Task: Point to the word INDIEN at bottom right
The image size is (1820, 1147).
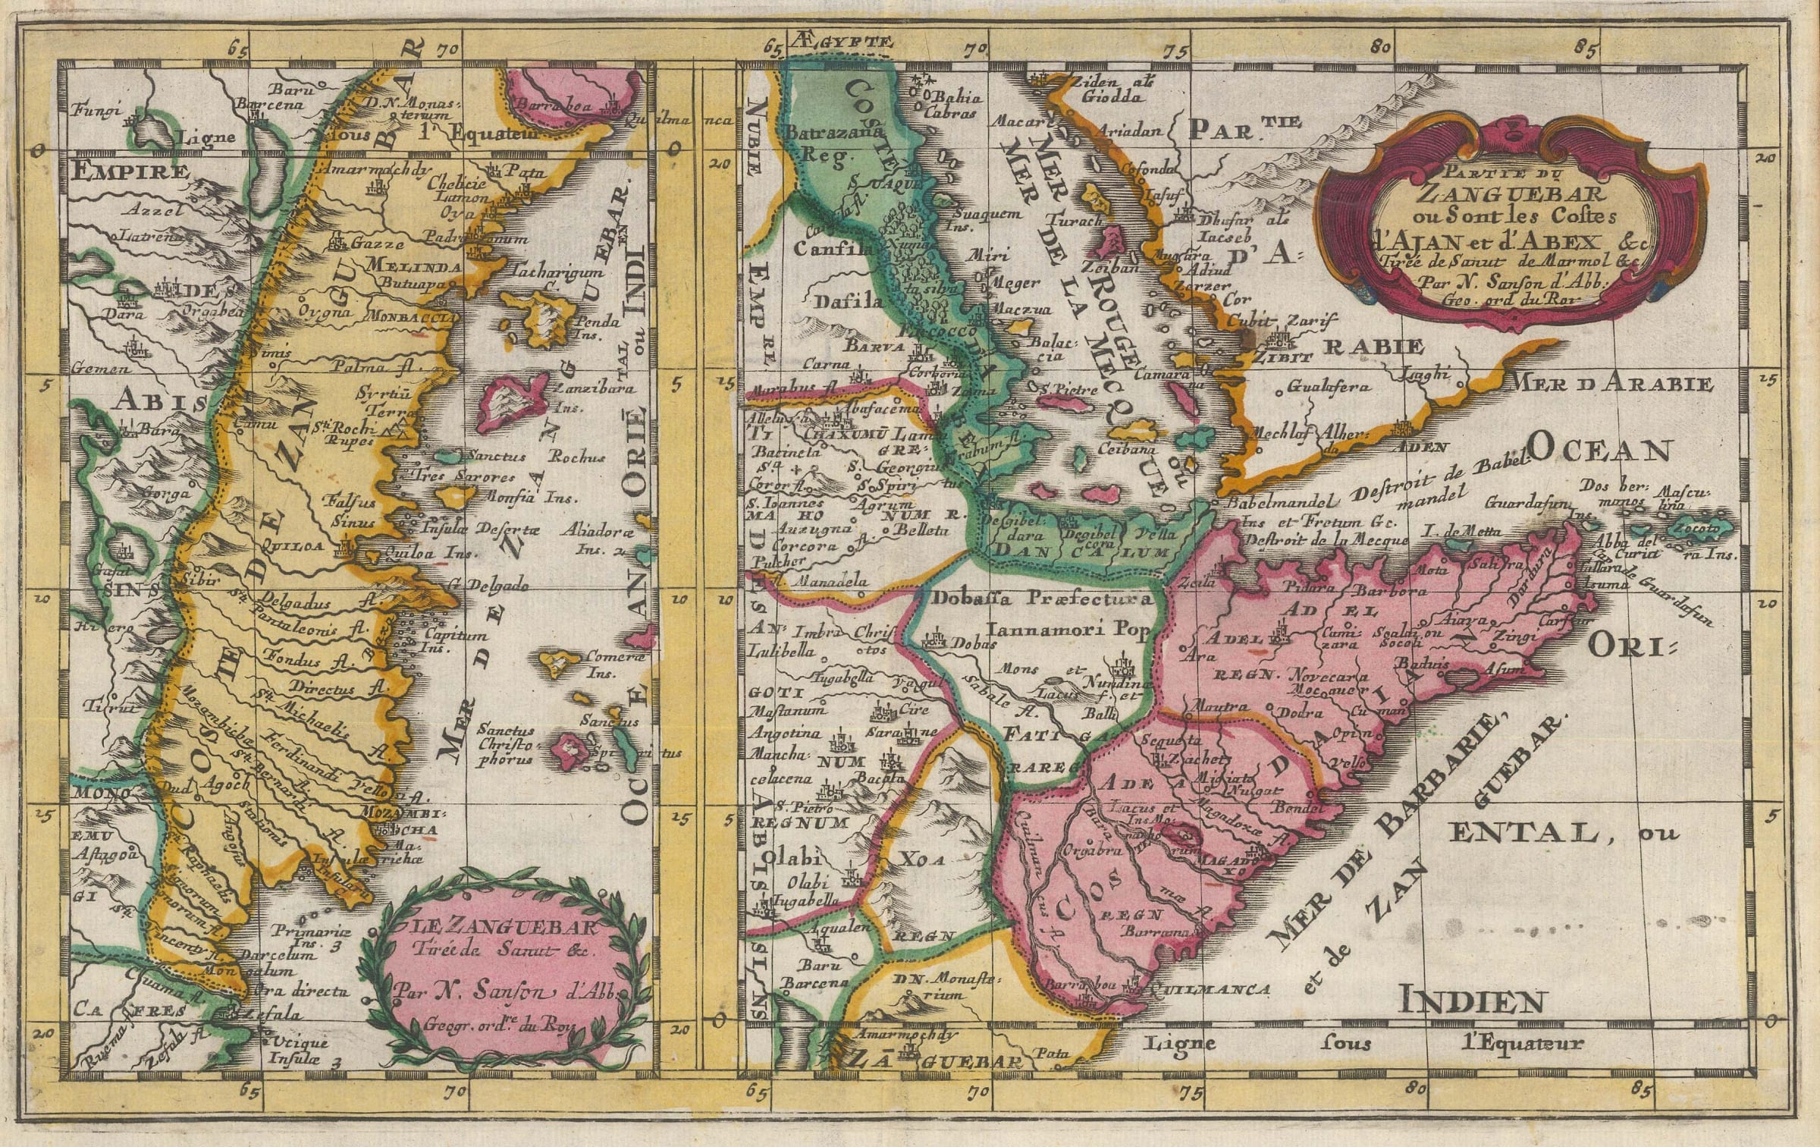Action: (1471, 1002)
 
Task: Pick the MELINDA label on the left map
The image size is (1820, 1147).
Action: (413, 267)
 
